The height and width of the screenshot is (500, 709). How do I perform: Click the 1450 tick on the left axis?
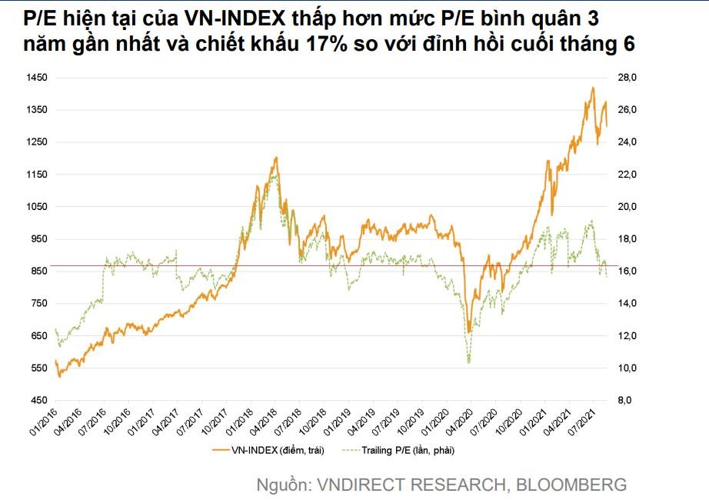(x=37, y=78)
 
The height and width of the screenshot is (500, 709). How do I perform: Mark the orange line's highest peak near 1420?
(x=592, y=88)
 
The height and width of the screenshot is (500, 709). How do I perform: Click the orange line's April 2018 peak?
(x=275, y=158)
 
